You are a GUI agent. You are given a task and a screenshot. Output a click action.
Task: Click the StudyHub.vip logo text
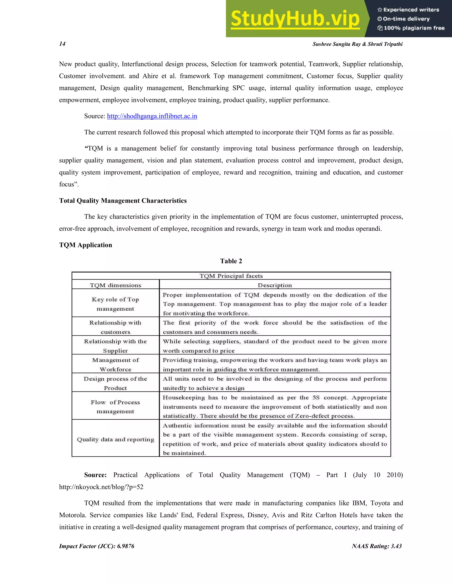[x=295, y=19]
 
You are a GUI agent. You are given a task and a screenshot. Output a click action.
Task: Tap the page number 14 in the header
[x=62, y=44]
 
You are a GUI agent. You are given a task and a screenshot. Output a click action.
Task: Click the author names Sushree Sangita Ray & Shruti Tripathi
[x=357, y=44]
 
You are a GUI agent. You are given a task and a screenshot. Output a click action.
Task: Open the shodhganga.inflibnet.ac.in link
[x=152, y=116]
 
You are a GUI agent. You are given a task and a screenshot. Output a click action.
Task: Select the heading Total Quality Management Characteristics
[x=123, y=201]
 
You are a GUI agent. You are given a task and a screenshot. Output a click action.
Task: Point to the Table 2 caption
[x=231, y=261]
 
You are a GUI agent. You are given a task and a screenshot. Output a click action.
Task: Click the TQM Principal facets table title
[x=231, y=276]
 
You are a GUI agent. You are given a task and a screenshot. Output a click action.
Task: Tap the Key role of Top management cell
[x=115, y=304]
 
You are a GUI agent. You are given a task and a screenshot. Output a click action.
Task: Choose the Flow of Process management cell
[x=115, y=407]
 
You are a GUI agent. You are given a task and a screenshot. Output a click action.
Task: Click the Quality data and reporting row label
[x=115, y=440]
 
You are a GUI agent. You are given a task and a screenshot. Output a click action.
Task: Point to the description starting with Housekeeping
[x=275, y=407]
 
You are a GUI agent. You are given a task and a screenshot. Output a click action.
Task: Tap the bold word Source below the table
[x=95, y=475]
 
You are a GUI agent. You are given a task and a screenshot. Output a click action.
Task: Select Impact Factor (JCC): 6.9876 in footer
[x=97, y=546]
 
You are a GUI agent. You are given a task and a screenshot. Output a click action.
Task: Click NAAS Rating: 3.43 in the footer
[x=377, y=546]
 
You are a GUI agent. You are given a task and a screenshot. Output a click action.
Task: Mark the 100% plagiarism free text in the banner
[x=414, y=28]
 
